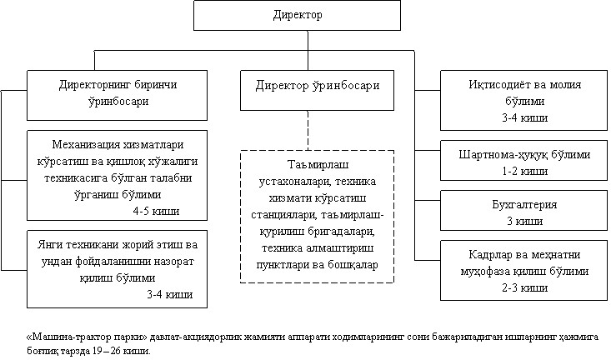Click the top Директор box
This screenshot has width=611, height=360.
pyautogui.click(x=297, y=16)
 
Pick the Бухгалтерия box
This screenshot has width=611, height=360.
pyautogui.click(x=524, y=212)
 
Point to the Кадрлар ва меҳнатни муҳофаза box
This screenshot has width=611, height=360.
pyautogui.click(x=524, y=271)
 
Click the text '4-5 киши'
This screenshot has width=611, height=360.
pyautogui.click(x=157, y=211)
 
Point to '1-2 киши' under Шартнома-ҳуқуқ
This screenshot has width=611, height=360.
pyautogui.click(x=524, y=170)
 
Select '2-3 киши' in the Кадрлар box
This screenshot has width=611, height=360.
pyautogui.click(x=524, y=287)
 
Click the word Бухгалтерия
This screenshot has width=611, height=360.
pyautogui.click(x=524, y=204)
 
